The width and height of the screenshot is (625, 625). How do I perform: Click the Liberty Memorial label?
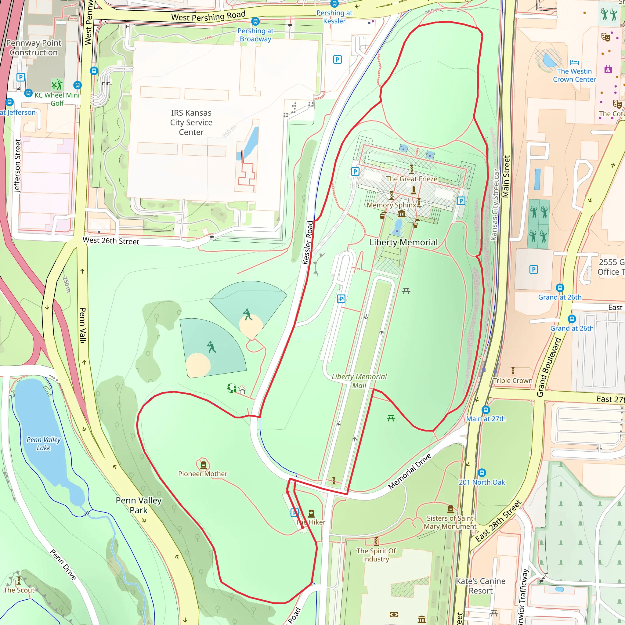(x=403, y=242)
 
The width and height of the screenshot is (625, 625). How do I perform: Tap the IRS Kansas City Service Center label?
(x=191, y=122)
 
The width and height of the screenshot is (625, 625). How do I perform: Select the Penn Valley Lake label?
(x=43, y=443)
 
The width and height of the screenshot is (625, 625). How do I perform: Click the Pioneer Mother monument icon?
(x=203, y=465)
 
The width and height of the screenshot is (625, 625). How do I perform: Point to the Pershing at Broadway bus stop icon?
(x=255, y=22)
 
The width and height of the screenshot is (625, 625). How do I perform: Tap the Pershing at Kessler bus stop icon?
(x=334, y=4)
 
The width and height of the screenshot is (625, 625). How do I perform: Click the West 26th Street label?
(x=111, y=241)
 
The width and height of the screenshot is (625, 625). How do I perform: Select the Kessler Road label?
(x=308, y=243)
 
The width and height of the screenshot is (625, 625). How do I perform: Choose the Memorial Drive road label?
(x=410, y=471)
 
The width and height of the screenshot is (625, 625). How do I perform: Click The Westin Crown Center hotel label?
(x=574, y=75)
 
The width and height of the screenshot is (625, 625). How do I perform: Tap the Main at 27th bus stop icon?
(x=486, y=410)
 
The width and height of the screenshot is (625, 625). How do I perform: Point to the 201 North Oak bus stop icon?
(x=482, y=473)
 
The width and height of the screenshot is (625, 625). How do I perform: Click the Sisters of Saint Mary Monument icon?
(x=451, y=509)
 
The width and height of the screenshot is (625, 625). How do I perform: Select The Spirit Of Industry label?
(x=376, y=555)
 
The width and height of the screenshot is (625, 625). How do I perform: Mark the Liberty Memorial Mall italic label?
(x=359, y=381)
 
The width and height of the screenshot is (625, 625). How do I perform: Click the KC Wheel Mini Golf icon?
(x=57, y=85)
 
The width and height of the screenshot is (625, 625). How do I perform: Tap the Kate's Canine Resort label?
(x=480, y=586)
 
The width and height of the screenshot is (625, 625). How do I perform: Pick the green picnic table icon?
(x=391, y=419)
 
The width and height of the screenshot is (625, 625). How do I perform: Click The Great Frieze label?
(x=411, y=179)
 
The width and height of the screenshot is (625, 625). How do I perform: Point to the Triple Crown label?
(x=512, y=381)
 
